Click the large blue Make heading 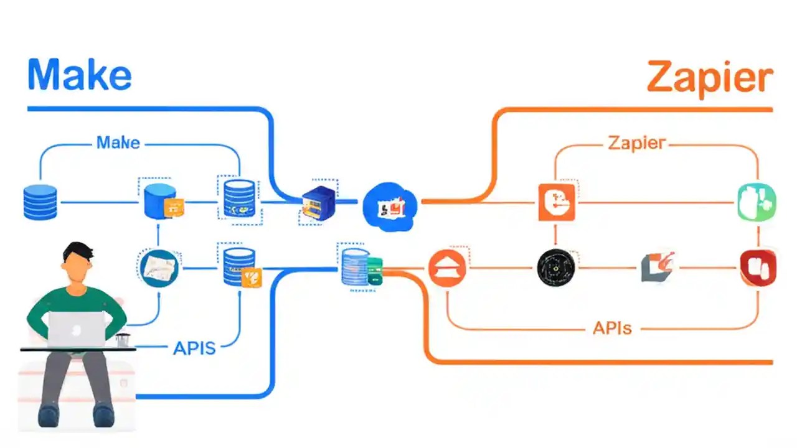pyautogui.click(x=80, y=75)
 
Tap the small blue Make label pyautogui.click(x=118, y=142)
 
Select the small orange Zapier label pyautogui.click(x=636, y=142)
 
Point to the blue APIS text pyautogui.click(x=194, y=348)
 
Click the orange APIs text pyautogui.click(x=612, y=327)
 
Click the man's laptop pyautogui.click(x=77, y=329)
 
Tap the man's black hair pyautogui.click(x=78, y=251)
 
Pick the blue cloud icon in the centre pyautogui.click(x=390, y=207)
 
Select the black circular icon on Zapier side pyautogui.click(x=554, y=268)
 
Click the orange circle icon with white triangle pyautogui.click(x=447, y=268)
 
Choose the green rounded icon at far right pyautogui.click(x=756, y=202)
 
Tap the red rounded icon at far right pyautogui.click(x=757, y=268)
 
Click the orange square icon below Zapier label pyautogui.click(x=557, y=202)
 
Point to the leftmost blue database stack pyautogui.click(x=40, y=202)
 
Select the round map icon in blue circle pyautogui.click(x=158, y=268)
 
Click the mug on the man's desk pyautogui.click(x=122, y=340)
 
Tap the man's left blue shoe pyautogui.click(x=49, y=415)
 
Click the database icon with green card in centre pyautogui.click(x=361, y=268)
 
